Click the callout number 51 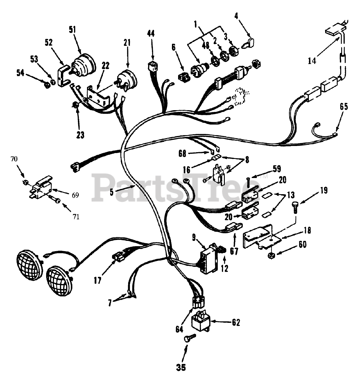(x=72, y=29)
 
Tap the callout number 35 (x=182, y=367)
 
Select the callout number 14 (x=312, y=61)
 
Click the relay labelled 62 (x=200, y=322)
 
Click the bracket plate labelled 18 (x=260, y=236)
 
